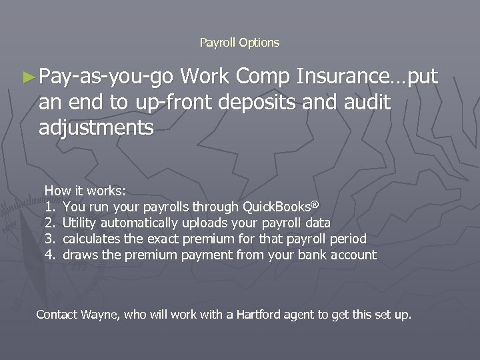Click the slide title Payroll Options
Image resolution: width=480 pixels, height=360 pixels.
tap(239, 43)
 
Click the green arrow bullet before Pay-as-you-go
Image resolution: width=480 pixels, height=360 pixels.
tap(30, 78)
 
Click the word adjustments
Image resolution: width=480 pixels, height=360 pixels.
tap(95, 127)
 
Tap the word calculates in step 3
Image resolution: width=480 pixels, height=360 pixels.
tap(91, 238)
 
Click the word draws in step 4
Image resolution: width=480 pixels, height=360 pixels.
tap(79, 254)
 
